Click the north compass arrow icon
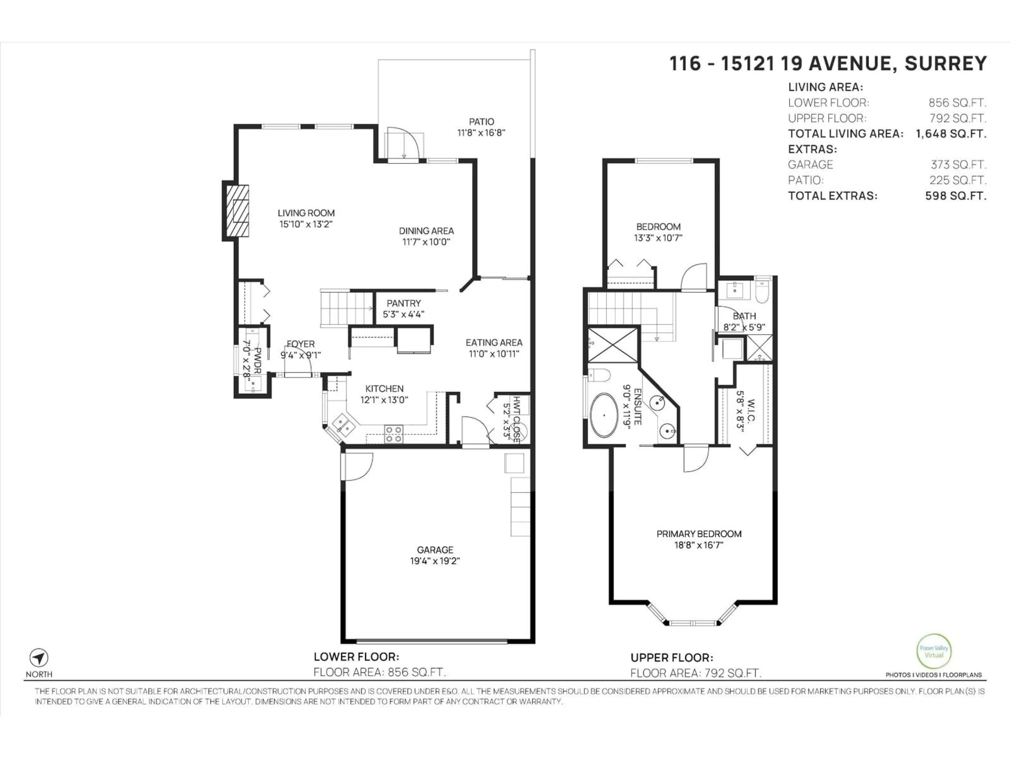tap(39, 658)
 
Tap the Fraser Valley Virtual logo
tap(934, 651)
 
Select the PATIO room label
tap(481, 122)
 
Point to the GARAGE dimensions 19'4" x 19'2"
tap(435, 561)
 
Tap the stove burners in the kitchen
tap(393, 434)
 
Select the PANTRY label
tap(404, 303)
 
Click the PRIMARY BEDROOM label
tap(699, 534)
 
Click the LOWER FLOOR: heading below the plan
tap(356, 657)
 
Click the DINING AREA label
tap(426, 231)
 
